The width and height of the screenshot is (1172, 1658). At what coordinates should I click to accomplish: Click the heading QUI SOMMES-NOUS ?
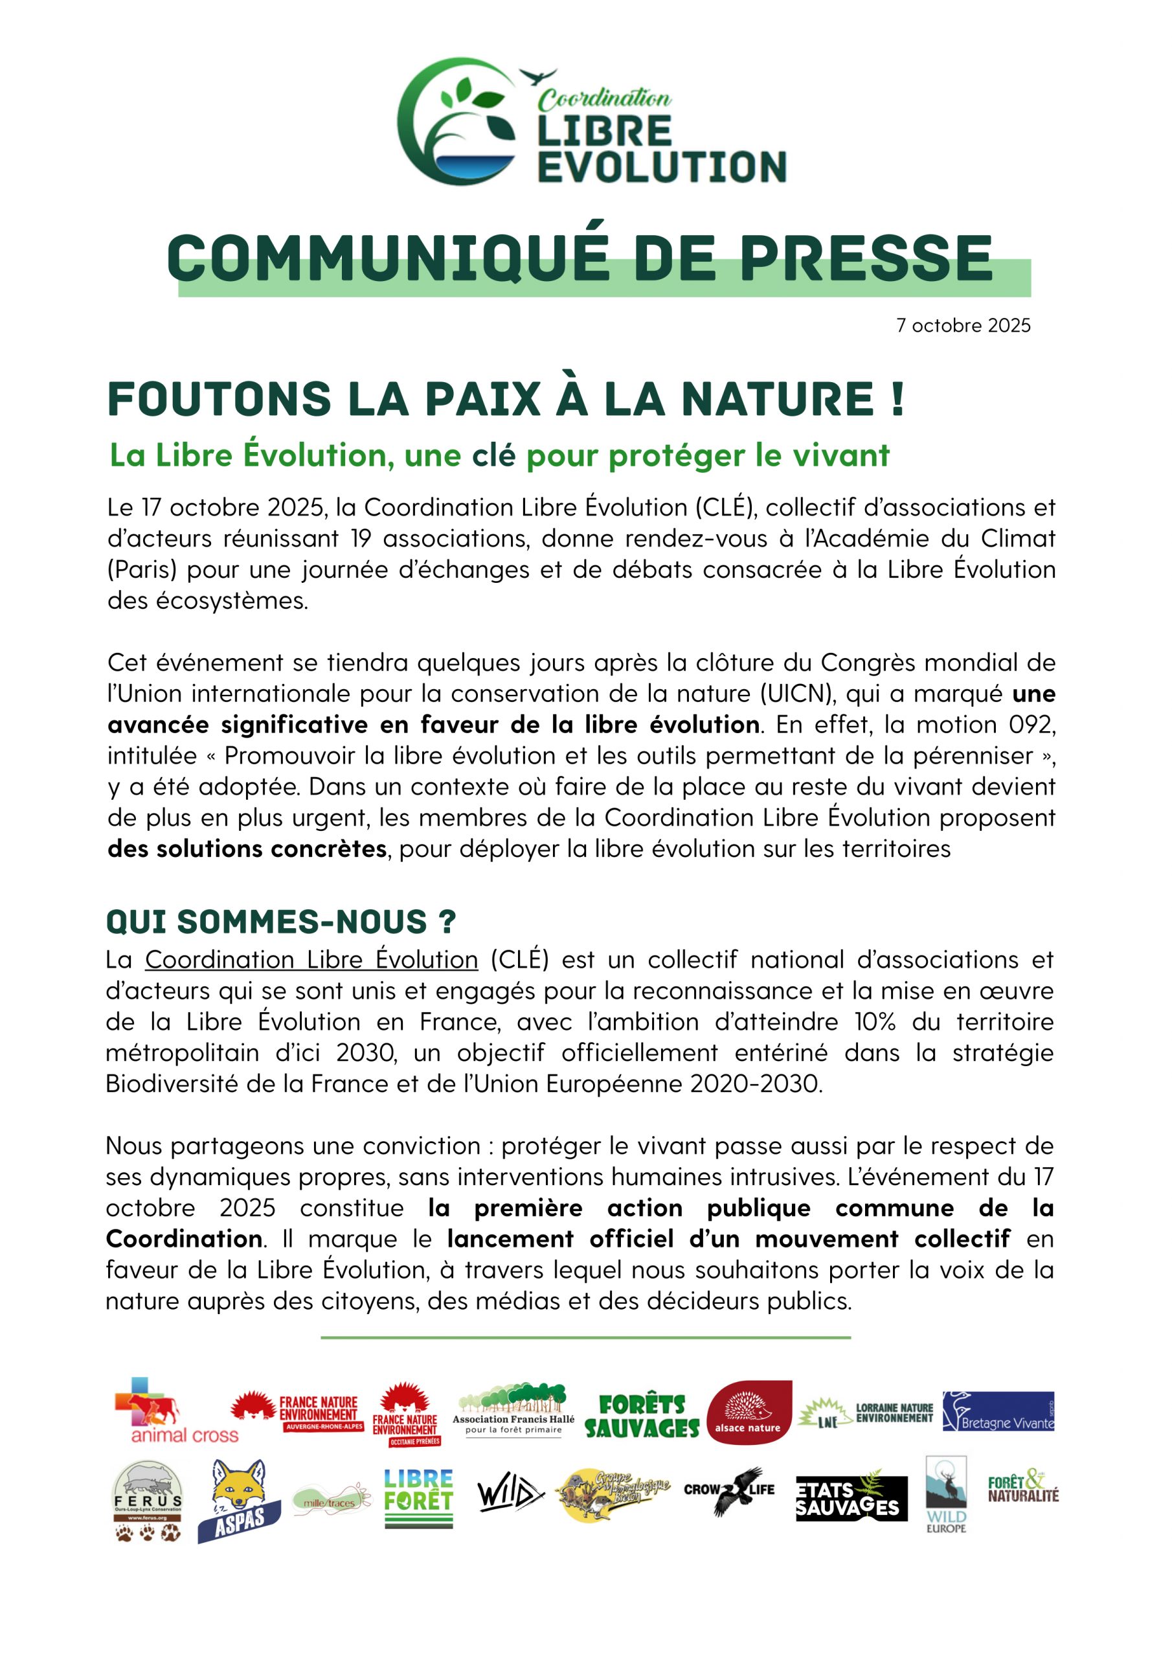pos(281,922)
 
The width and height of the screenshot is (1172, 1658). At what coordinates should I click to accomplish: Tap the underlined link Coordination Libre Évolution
pos(311,960)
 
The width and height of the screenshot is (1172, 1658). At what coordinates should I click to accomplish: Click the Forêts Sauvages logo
pos(642,1417)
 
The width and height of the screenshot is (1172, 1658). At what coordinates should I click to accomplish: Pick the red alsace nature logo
pos(748,1413)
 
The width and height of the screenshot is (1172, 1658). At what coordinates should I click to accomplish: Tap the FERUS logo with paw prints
pos(148,1502)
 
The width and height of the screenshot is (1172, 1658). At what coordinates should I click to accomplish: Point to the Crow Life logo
pos(728,1491)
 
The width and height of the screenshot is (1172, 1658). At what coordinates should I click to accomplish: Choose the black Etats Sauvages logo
pos(851,1497)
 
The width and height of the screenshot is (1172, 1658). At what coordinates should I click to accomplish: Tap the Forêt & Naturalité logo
pos(1022,1489)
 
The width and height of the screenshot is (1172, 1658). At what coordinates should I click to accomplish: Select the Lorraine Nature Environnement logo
pos(866,1414)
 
